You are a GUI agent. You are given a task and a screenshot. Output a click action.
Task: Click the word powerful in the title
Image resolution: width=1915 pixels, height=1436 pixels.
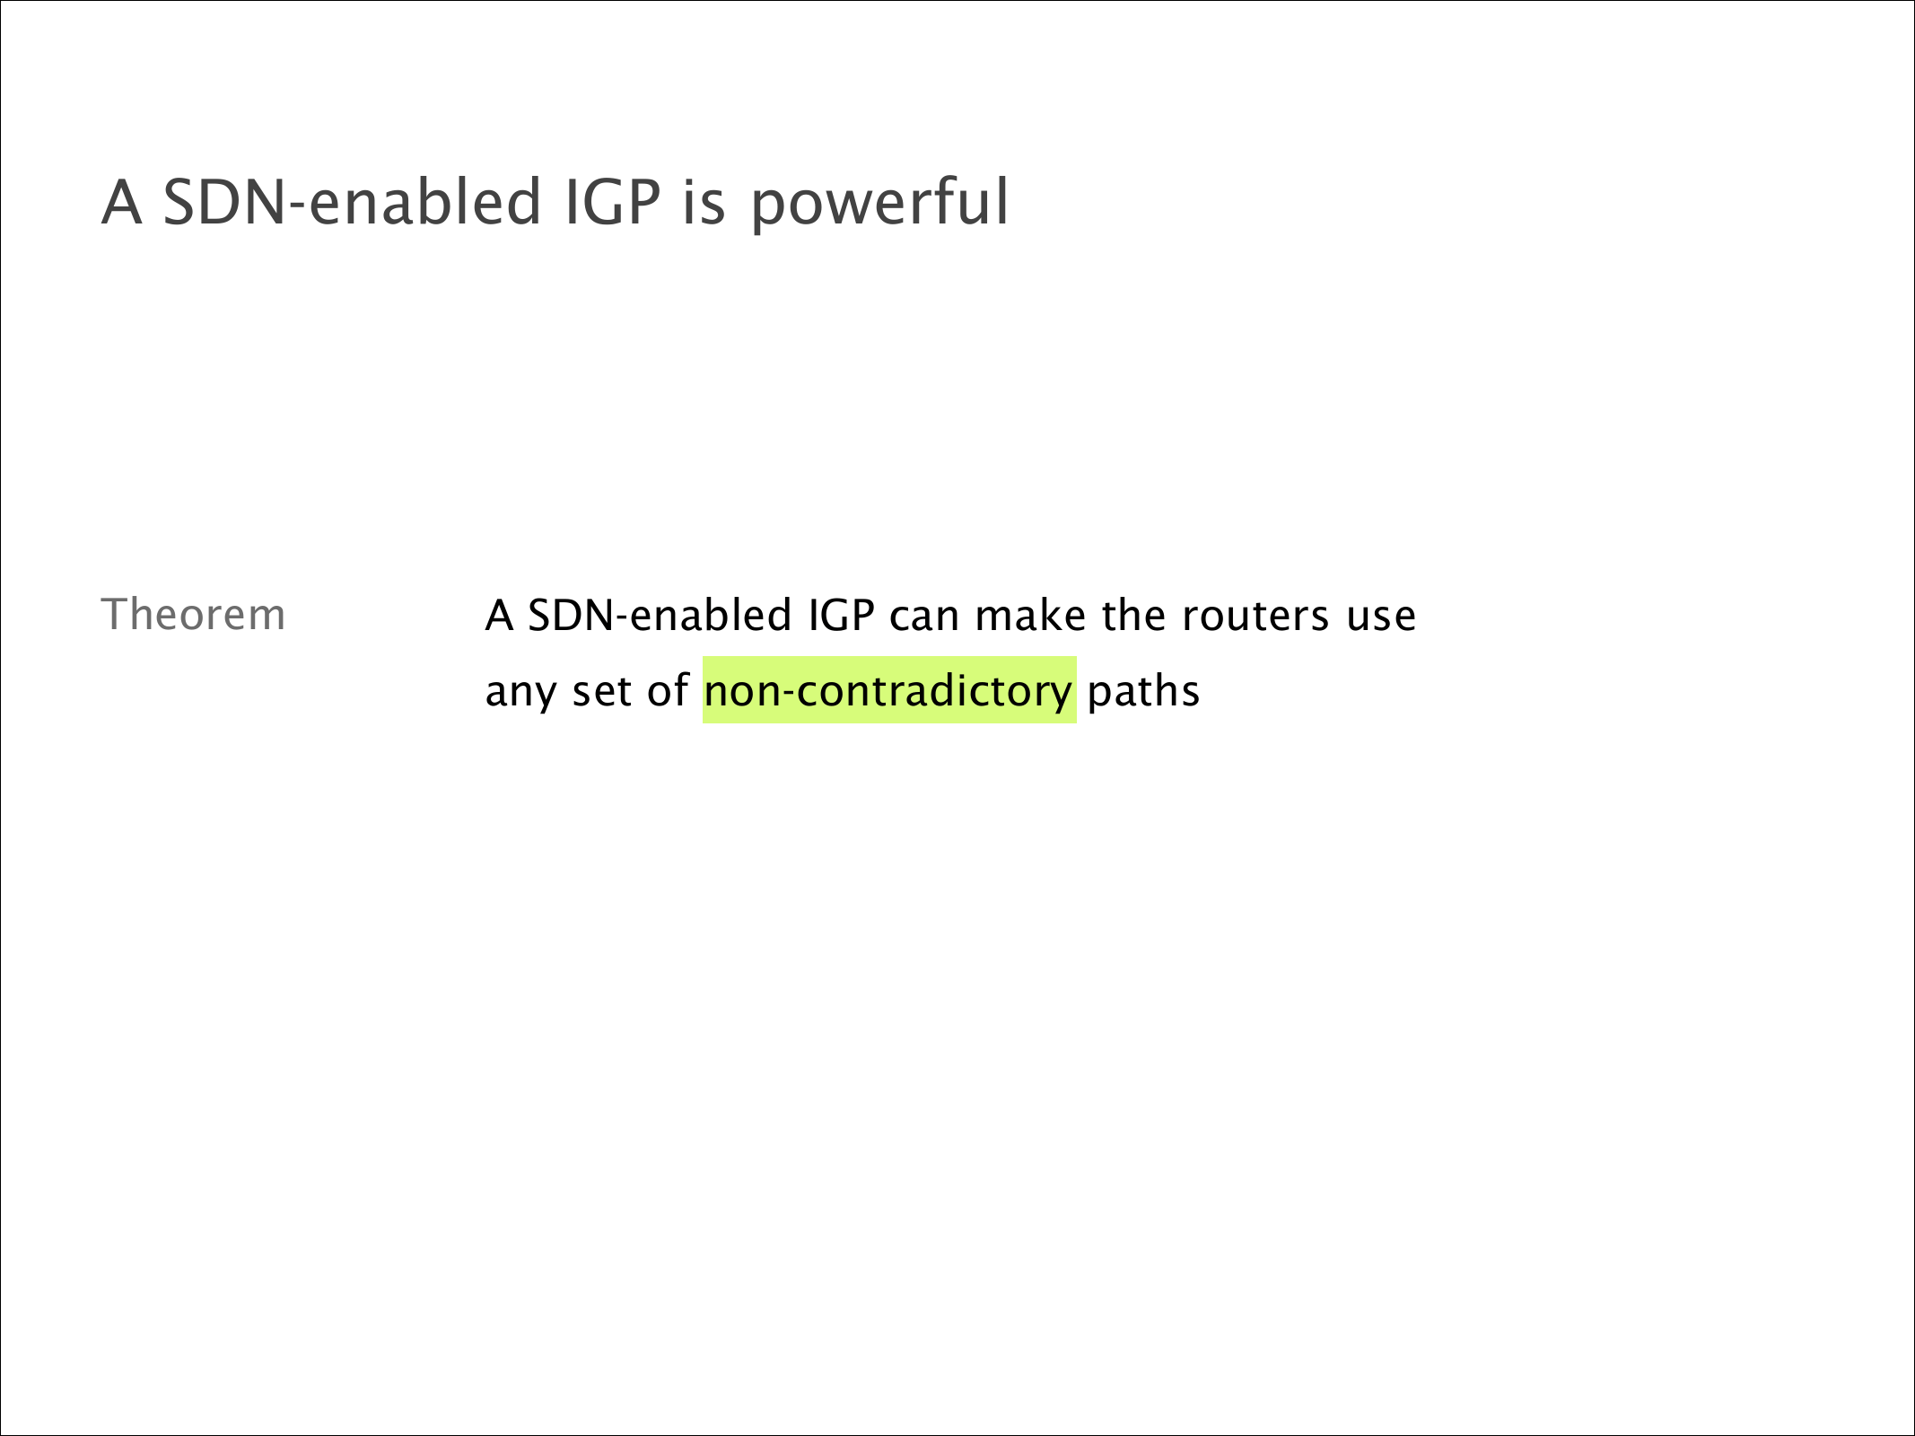click(879, 204)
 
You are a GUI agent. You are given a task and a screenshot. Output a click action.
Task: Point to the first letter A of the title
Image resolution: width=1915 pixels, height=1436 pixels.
click(122, 202)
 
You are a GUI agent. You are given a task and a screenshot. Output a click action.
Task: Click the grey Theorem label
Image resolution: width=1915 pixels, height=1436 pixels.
click(193, 615)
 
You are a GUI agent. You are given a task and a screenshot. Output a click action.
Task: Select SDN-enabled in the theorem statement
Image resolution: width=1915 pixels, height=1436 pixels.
click(660, 615)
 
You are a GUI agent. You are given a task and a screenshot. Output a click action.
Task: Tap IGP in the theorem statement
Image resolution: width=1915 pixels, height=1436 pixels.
click(841, 615)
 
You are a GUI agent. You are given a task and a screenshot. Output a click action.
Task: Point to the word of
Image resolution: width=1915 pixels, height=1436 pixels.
click(668, 690)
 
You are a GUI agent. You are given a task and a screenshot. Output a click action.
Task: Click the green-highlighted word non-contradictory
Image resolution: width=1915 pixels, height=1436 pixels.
click(888, 690)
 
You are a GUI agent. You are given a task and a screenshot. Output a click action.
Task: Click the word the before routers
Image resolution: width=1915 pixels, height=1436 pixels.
click(1133, 615)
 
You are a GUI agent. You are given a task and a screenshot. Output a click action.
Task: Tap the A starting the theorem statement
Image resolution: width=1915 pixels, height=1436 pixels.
click(499, 616)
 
